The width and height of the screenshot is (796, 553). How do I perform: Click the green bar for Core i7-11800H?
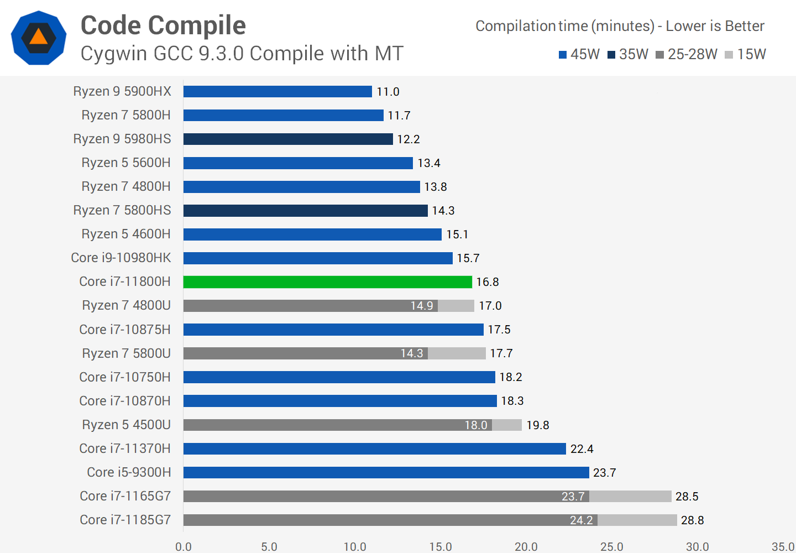327,282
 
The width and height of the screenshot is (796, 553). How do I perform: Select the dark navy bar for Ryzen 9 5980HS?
287,139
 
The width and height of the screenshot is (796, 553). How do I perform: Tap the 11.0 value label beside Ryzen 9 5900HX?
387,92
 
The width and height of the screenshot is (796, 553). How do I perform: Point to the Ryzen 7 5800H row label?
126,116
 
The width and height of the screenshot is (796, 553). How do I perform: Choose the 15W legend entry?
745,54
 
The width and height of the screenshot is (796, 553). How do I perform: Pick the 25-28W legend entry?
687,54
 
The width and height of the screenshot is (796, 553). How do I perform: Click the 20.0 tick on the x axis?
526,547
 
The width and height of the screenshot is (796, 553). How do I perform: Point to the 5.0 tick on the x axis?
269,547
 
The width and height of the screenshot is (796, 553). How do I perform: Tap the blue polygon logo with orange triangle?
39,38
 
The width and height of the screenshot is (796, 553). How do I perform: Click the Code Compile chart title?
163,25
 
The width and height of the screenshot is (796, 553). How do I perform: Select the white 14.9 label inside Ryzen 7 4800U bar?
421,306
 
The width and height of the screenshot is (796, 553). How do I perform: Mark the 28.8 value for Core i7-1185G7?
692,520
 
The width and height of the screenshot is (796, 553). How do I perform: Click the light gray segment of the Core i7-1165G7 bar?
630,497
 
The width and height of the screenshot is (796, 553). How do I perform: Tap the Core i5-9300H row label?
129,473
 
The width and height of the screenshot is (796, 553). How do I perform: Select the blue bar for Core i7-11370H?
374,449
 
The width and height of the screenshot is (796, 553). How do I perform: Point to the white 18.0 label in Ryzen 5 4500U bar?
475,425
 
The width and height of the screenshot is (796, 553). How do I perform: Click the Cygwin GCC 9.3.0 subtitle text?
242,54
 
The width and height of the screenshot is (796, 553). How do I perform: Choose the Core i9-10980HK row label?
121,258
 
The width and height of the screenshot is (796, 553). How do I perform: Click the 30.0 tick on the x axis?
697,547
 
